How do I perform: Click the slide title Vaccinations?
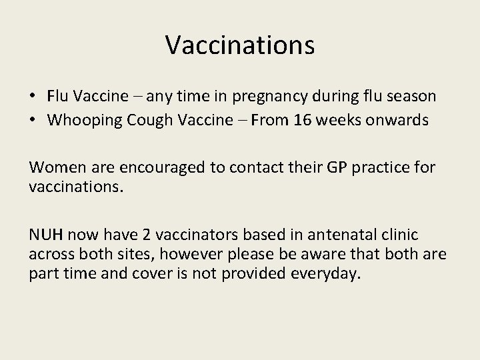pos(239,45)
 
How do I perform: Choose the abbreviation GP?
pos(331,166)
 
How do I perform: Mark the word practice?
pos(381,166)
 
